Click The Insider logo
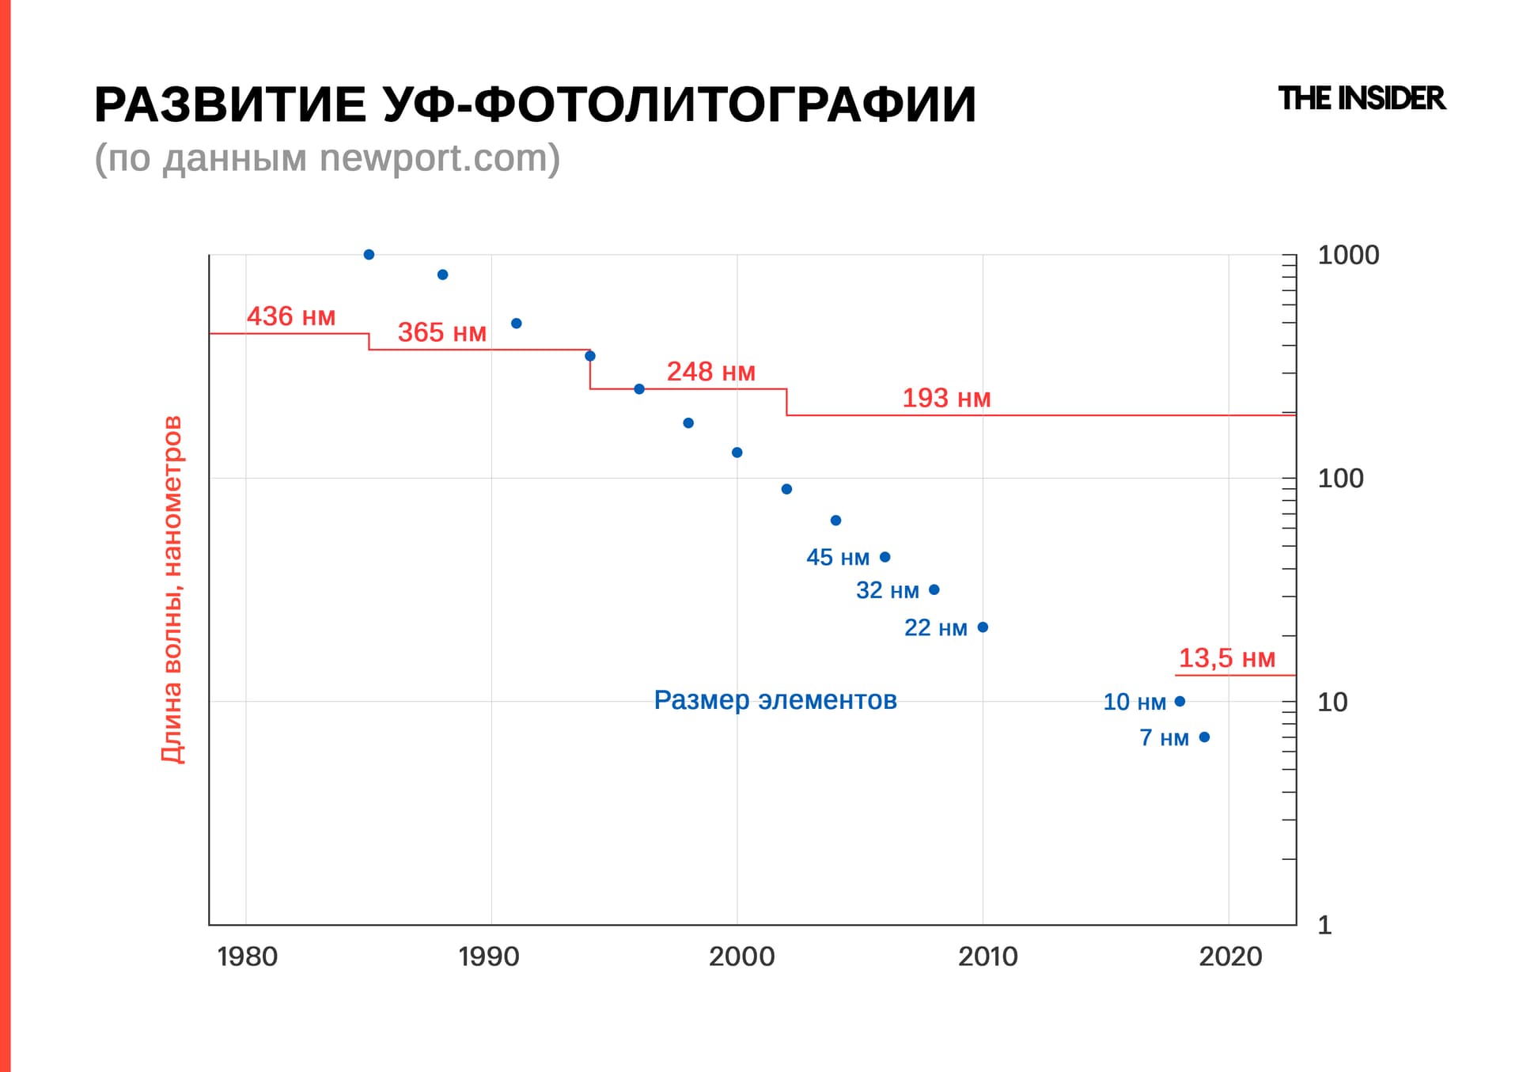(1361, 99)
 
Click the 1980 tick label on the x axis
(248, 956)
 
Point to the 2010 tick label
(987, 956)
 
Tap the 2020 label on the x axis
(1230, 956)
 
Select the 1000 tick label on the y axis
(1348, 256)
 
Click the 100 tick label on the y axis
(1340, 479)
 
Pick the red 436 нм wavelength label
(291, 316)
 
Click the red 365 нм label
(441, 332)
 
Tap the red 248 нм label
(710, 371)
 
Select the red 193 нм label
(946, 398)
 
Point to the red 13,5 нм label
(1227, 658)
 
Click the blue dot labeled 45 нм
(885, 557)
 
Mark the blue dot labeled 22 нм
(983, 627)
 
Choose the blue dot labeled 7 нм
(1204, 737)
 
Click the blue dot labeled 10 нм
(1180, 701)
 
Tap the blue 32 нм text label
(887, 590)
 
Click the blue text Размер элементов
(775, 700)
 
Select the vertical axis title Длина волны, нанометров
(172, 589)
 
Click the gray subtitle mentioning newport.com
(327, 158)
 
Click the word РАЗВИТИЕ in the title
(230, 104)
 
